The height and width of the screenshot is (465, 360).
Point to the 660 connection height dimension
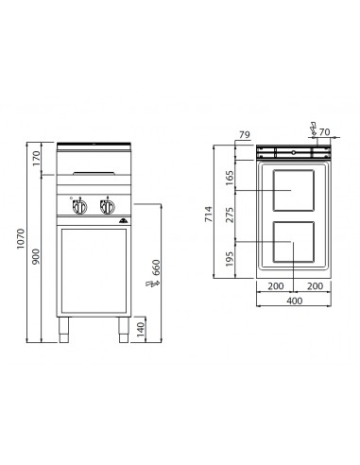[157, 275]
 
